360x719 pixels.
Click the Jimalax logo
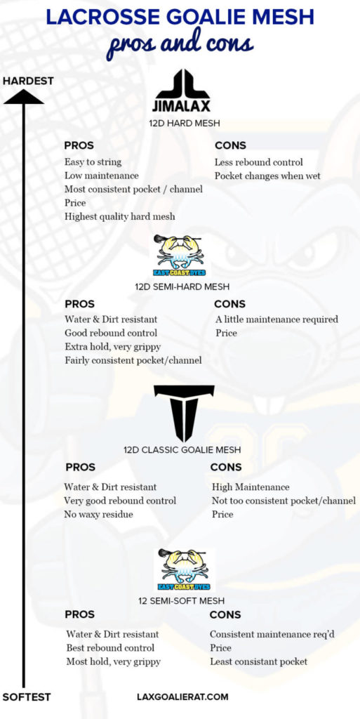tap(182, 91)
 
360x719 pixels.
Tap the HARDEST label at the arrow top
tap(28, 81)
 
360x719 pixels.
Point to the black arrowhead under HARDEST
tap(24, 97)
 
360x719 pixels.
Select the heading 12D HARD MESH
tap(184, 124)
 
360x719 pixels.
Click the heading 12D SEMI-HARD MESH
tap(182, 286)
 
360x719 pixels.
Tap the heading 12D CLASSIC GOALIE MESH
tap(182, 449)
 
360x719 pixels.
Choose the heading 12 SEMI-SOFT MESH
tap(182, 601)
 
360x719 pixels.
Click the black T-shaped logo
tap(184, 413)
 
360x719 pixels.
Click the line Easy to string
tap(93, 162)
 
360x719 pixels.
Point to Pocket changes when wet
tap(267, 176)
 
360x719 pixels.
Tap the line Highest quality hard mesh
tap(119, 216)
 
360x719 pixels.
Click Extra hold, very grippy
tap(112, 347)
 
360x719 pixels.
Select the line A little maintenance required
tap(276, 319)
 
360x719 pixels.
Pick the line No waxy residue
tap(98, 514)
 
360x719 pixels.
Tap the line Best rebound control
tap(110, 647)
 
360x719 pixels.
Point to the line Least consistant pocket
tap(258, 661)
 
